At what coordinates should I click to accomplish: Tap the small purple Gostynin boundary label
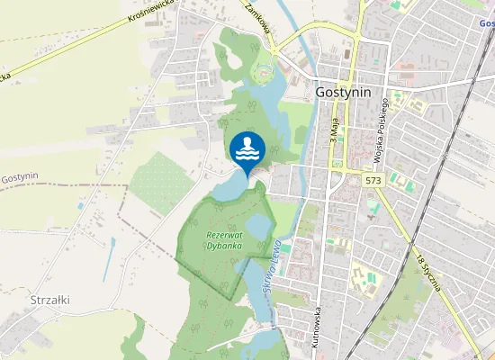pyautogui.click(x=20, y=177)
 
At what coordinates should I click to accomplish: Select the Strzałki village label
pyautogui.click(x=50, y=299)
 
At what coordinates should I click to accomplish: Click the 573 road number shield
pyautogui.click(x=375, y=181)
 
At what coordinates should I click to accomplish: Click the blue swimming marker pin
pyautogui.click(x=247, y=149)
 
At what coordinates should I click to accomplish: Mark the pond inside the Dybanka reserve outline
pyautogui.click(x=257, y=227)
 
